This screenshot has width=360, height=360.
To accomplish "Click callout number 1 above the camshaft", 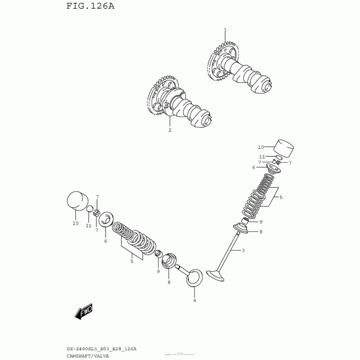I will coord(225,30).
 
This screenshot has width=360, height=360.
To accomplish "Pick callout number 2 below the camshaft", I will coord(170,130).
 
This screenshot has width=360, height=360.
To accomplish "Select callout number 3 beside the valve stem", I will coord(243,251).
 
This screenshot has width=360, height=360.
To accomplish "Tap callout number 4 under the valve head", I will coord(194,300).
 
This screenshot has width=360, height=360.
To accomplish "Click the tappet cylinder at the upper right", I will coord(283,148).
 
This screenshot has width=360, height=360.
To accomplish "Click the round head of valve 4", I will coord(194,276).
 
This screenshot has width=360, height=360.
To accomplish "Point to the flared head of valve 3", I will coord(216,274).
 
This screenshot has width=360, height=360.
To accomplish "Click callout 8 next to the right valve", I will coord(261,232).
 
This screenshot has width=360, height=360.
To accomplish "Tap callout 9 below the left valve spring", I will coord(158,271).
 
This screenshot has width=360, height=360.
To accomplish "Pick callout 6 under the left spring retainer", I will coord(105,241).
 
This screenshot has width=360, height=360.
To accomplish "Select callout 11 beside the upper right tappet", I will coord(262,157).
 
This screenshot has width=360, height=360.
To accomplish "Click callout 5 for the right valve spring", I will coord(281,197).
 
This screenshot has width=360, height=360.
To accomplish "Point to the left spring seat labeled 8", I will coord(170,261).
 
